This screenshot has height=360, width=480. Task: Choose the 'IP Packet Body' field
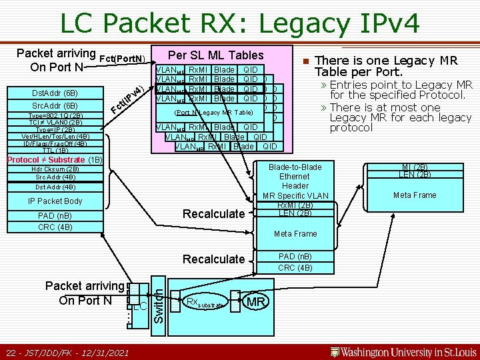(55, 201)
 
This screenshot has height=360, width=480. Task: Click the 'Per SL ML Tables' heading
(215, 55)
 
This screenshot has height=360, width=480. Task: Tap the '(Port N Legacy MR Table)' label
(213, 113)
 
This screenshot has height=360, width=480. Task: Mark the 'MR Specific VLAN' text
(295, 195)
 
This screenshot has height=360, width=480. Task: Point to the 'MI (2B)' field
(415, 167)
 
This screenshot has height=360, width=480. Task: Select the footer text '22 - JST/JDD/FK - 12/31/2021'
(67, 351)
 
